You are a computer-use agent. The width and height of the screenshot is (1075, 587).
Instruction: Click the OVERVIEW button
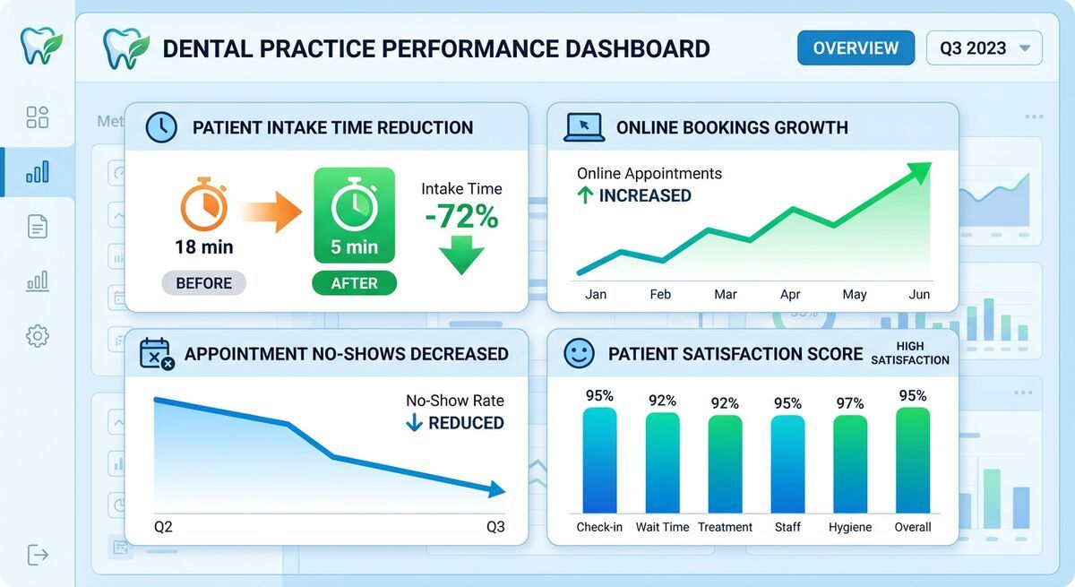pyautogui.click(x=855, y=48)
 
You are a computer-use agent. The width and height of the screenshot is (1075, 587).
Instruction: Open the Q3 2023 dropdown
pyautogui.click(x=984, y=48)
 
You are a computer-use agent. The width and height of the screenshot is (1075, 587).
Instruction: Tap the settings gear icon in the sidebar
pyautogui.click(x=38, y=336)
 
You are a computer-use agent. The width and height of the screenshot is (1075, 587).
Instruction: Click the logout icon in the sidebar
pyautogui.click(x=38, y=555)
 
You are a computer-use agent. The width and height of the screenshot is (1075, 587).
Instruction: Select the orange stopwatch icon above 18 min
pyautogui.click(x=203, y=204)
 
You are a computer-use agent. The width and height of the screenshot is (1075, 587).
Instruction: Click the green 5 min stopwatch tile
pyautogui.click(x=354, y=215)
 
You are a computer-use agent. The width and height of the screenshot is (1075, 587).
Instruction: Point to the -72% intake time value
pyautogui.click(x=461, y=217)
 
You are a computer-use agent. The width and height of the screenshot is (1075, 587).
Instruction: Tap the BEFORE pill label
pyautogui.click(x=203, y=283)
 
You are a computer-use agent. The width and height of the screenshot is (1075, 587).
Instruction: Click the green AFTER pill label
pyautogui.click(x=354, y=283)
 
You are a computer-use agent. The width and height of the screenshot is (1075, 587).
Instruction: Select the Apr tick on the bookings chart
pyautogui.click(x=790, y=294)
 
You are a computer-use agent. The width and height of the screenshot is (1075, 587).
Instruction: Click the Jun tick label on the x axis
pyautogui.click(x=919, y=294)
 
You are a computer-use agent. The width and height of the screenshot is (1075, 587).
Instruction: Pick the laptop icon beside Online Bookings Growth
pyautogui.click(x=583, y=127)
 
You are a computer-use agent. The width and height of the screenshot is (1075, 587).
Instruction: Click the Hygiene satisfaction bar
pyautogui.click(x=850, y=464)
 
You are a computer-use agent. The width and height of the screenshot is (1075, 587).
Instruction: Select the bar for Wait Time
pyautogui.click(x=662, y=462)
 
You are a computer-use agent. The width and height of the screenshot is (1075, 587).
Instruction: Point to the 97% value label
pyautogui.click(x=850, y=403)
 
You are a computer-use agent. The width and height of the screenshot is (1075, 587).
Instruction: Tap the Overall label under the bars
pyautogui.click(x=913, y=527)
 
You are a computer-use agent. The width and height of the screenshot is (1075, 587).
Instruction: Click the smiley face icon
pyautogui.click(x=579, y=354)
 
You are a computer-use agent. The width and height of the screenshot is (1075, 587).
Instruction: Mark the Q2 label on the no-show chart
pyautogui.click(x=163, y=527)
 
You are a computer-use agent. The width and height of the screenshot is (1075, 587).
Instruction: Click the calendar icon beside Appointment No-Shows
pyautogui.click(x=156, y=354)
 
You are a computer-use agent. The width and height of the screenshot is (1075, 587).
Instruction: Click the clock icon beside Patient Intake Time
pyautogui.click(x=161, y=127)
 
